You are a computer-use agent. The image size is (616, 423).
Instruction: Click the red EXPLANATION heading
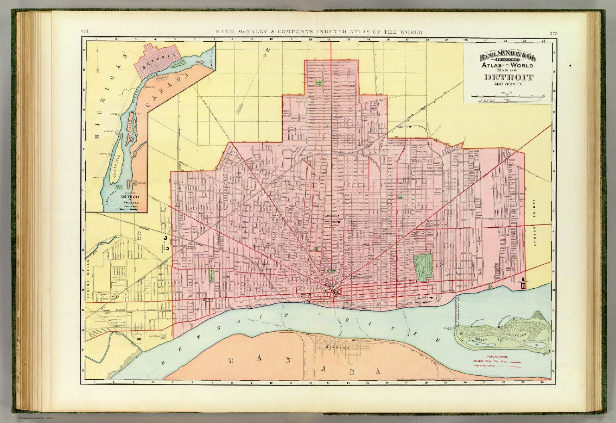tap(497, 356)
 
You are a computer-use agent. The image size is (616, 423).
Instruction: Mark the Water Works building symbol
tap(523, 286)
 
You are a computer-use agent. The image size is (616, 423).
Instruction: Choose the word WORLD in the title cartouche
tap(521, 65)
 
